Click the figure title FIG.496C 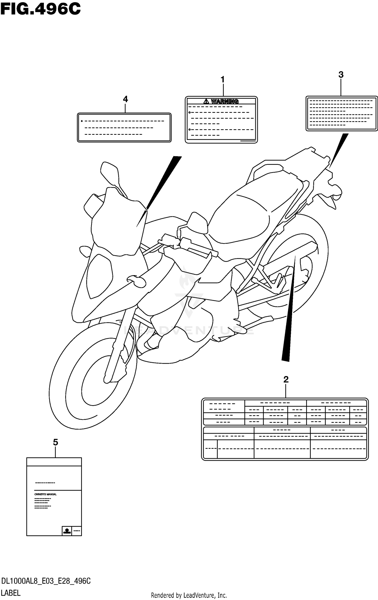point(40,9)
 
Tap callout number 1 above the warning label point(223,80)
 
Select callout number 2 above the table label point(286,379)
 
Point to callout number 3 point(341,75)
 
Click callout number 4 point(125,99)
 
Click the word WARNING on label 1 point(225,101)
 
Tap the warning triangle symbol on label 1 point(206,101)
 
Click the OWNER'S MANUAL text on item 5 point(45,494)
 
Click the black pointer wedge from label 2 point(289,316)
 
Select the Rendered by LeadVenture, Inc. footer point(189,595)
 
